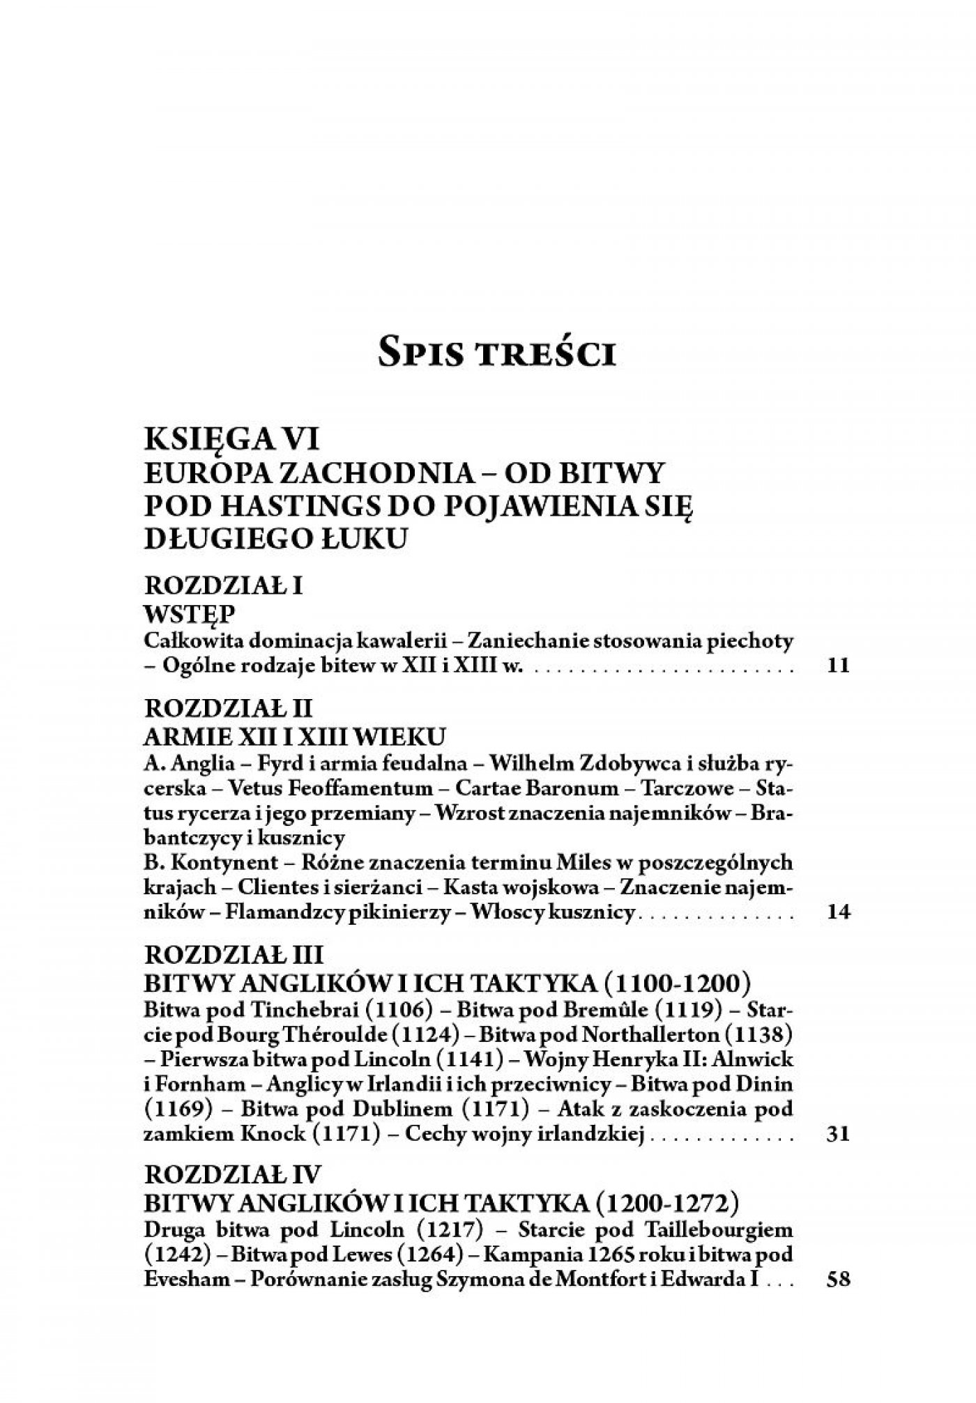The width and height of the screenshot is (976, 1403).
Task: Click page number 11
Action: coord(837,665)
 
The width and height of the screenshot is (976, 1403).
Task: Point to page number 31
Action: coord(837,1133)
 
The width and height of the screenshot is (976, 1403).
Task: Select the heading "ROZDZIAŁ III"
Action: coord(231,956)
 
